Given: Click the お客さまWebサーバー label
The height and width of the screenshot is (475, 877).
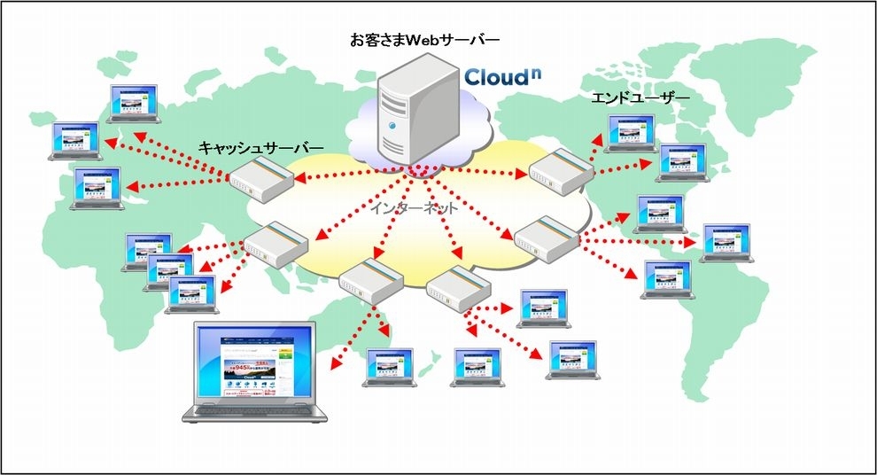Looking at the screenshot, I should click(425, 40).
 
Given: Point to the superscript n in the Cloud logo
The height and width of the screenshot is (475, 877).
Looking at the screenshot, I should click(535, 68).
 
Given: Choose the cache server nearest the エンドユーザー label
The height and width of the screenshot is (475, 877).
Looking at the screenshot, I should click(560, 168).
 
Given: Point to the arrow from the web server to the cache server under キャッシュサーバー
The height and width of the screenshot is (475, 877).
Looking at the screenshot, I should click(350, 175).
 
